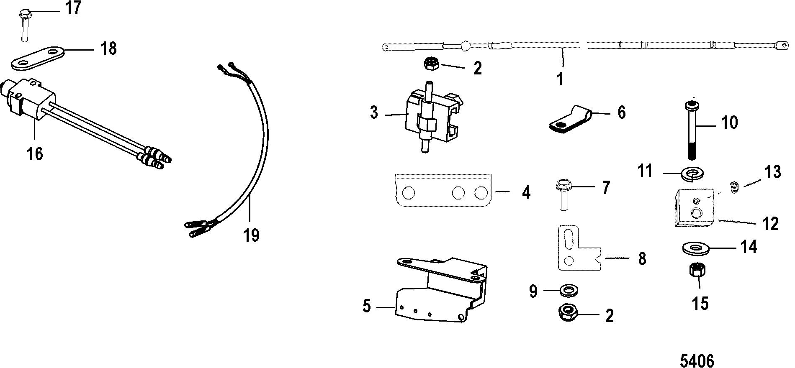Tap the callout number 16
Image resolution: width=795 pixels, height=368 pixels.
coord(35,153)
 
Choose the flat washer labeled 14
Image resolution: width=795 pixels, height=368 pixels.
coord(695,248)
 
